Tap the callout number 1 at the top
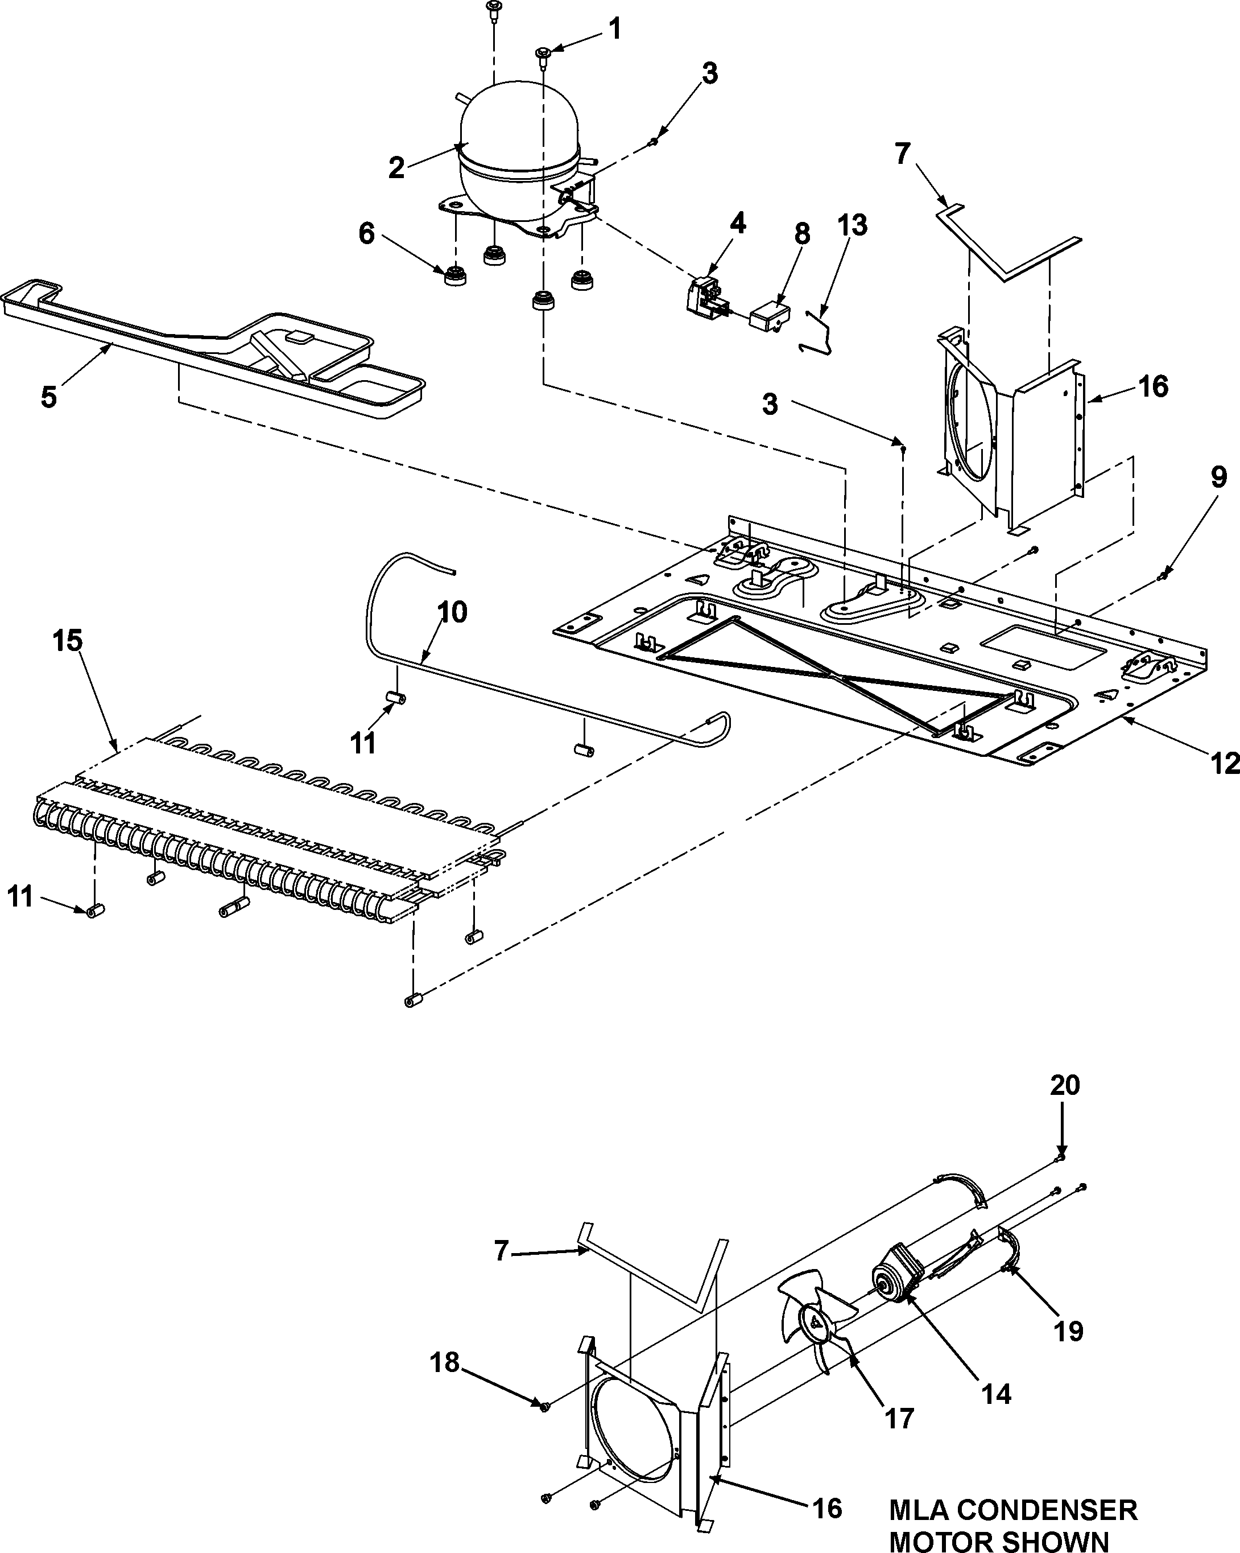614,30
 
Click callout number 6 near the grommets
366,233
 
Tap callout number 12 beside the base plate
1224,763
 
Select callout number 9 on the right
1218,477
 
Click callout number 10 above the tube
452,612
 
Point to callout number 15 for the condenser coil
67,640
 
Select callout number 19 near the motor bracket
1069,1331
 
